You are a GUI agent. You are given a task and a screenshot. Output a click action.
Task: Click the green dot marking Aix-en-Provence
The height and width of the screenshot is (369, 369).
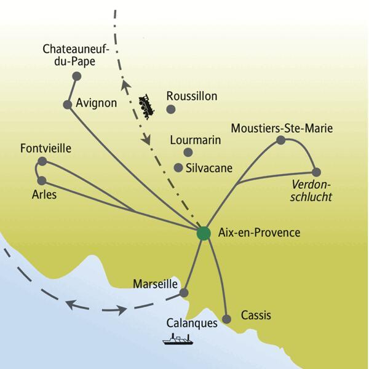(x=204, y=234)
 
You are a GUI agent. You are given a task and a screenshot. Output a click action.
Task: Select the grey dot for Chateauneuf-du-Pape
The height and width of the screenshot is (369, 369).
(x=77, y=76)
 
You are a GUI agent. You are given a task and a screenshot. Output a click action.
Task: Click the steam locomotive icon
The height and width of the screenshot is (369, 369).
(x=147, y=106)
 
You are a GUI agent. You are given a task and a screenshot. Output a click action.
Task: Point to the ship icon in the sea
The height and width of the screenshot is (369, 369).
(x=177, y=339)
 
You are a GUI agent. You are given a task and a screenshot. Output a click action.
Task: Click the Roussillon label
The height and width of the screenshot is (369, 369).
(x=192, y=96)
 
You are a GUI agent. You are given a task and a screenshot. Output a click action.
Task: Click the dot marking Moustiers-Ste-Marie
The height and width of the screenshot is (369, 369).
(x=281, y=140)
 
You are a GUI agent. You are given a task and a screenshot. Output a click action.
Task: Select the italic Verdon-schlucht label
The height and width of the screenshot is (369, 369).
(x=312, y=191)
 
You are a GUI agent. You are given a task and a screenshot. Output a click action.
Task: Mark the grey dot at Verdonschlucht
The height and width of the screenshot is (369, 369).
(x=316, y=172)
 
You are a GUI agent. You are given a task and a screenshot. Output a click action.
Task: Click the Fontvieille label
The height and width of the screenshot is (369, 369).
(x=46, y=148)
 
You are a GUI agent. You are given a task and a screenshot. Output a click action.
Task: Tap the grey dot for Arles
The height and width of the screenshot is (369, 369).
(x=42, y=181)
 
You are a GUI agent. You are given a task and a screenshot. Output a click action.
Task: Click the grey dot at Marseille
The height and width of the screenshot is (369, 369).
(x=183, y=294)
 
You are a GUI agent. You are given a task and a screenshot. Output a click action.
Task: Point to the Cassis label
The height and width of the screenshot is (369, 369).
(x=256, y=315)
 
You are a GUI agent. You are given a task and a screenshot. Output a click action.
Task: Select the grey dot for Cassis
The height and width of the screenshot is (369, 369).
(x=227, y=319)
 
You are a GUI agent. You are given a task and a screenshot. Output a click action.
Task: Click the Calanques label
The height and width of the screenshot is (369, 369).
(x=192, y=322)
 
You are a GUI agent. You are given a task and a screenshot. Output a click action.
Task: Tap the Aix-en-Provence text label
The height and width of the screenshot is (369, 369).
(x=260, y=233)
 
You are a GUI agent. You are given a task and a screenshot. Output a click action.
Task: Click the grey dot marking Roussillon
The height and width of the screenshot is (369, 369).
(x=172, y=109)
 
